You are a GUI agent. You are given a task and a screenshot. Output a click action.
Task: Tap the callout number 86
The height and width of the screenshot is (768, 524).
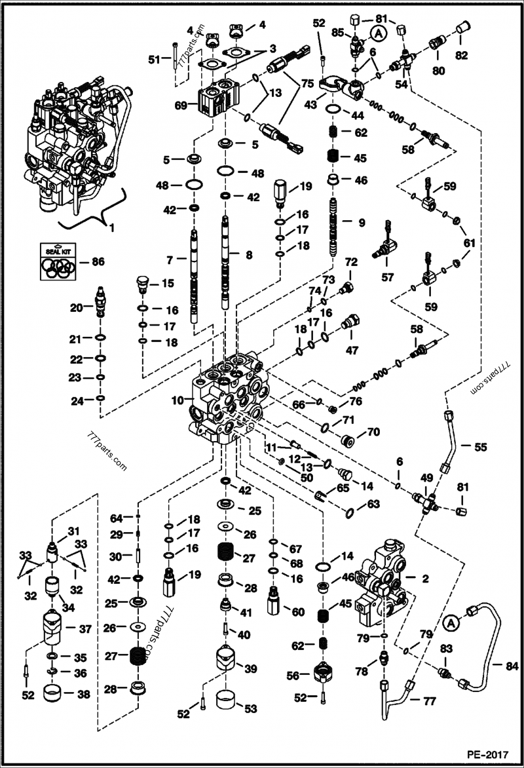tap(98, 261)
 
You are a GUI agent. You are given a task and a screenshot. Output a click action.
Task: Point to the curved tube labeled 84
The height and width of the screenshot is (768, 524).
tap(485, 649)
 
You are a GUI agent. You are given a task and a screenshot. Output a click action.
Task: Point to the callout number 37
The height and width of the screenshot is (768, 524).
tap(84, 629)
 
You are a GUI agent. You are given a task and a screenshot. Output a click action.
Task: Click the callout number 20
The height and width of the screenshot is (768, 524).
tap(75, 308)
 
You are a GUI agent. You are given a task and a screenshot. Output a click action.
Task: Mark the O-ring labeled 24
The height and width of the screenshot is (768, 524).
tap(100, 397)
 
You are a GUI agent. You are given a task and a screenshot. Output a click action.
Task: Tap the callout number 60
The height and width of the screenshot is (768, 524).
tap(298, 612)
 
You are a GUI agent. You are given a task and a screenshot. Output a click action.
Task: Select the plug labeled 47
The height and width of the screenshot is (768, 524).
tap(351, 324)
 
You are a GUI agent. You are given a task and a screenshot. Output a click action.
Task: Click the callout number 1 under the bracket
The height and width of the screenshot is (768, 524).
tap(111, 229)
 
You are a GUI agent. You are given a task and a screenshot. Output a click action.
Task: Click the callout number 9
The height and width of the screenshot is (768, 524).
tap(361, 222)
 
